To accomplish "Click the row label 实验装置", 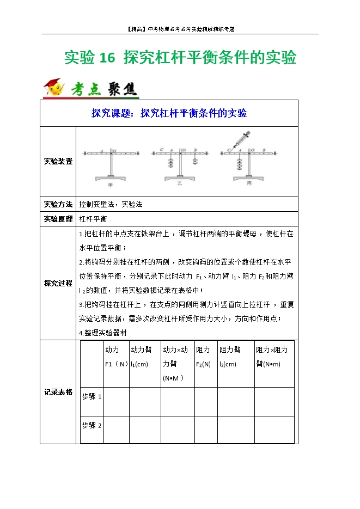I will [58, 161].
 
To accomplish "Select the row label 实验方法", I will [58, 204].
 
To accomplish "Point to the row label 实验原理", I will [58, 218].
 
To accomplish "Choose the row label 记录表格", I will [58, 391].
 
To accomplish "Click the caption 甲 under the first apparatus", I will [111, 186].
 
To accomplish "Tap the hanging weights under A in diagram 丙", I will [239, 163].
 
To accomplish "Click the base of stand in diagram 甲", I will [111, 178].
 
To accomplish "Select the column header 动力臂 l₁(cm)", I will [141, 357].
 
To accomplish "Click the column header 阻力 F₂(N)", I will [204, 357].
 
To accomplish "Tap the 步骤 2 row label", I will [91, 425].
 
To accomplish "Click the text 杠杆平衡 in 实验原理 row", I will [93, 218].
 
